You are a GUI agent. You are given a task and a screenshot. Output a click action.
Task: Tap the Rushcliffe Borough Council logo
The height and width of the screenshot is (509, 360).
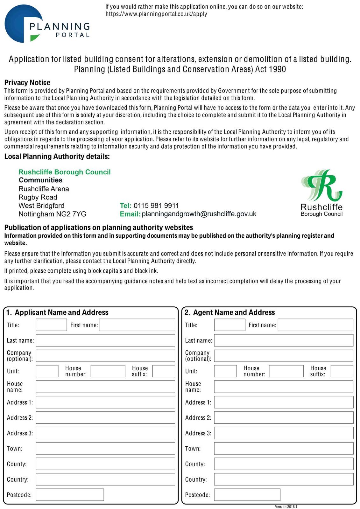[x=321, y=193]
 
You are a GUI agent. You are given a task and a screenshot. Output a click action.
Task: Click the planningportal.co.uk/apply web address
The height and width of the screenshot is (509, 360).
[x=156, y=14]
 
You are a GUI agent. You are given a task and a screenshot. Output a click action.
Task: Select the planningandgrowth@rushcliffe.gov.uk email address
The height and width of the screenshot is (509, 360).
[x=199, y=214]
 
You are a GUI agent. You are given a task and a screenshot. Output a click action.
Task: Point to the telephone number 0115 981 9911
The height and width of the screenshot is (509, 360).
[x=156, y=206]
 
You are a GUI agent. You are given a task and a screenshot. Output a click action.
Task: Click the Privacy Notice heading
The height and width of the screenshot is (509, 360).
[x=27, y=83]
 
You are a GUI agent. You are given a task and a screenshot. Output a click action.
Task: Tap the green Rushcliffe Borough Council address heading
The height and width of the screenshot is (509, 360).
[x=65, y=172]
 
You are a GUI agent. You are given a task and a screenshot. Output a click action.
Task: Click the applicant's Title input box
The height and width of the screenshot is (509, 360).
[x=51, y=325]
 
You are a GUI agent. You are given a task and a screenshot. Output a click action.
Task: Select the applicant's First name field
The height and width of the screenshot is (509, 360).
[x=137, y=325]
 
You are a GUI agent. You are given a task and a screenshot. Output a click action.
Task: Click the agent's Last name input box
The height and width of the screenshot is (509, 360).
[x=284, y=340]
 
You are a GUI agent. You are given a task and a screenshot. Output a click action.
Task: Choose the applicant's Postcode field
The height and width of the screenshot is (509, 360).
[x=70, y=495]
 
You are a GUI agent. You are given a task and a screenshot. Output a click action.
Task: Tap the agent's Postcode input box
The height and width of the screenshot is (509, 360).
[x=247, y=495]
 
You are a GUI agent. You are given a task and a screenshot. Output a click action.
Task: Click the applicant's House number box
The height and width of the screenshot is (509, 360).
[x=108, y=371]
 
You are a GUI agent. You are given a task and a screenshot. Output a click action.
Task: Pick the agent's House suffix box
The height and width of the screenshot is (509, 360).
[x=342, y=371]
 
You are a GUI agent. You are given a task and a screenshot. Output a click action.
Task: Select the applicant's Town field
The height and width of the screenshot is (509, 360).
[x=105, y=449]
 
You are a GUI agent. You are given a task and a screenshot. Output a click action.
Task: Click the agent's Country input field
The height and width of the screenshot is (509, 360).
[x=284, y=479]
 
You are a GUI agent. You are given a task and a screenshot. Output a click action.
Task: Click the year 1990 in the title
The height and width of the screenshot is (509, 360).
[x=277, y=69]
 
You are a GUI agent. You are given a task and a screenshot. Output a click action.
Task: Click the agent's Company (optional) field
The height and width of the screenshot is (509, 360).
[x=284, y=356]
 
